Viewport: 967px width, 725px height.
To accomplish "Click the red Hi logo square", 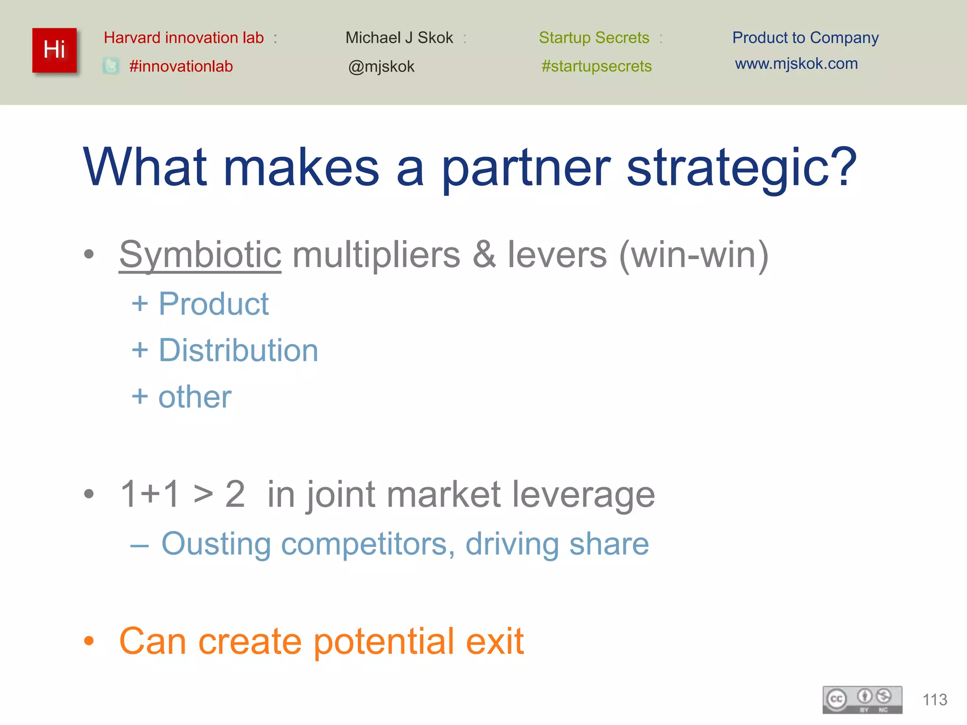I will [x=54, y=50].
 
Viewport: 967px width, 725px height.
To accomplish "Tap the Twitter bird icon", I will [x=111, y=66].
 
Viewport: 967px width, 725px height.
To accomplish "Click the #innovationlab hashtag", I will [x=181, y=66].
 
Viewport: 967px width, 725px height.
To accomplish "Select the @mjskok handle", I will [x=381, y=67].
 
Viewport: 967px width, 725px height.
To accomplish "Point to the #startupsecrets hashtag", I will [x=596, y=66].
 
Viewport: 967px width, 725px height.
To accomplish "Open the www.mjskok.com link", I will [x=796, y=63].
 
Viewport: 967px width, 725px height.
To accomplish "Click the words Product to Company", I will [x=805, y=37].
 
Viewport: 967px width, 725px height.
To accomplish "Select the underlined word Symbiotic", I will [x=200, y=255].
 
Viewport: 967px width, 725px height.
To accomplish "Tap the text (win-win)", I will [x=694, y=255].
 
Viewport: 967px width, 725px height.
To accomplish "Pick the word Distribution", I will [x=238, y=350].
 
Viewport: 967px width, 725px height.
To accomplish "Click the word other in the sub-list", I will [x=195, y=397].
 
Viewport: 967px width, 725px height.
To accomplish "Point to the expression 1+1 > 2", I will [x=183, y=494].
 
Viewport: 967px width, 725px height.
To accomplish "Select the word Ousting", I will [x=216, y=544].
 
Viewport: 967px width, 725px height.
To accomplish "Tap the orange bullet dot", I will [x=89, y=641].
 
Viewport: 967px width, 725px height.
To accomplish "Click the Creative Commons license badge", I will [x=862, y=700].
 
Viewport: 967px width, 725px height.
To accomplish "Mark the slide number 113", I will [x=934, y=700].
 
